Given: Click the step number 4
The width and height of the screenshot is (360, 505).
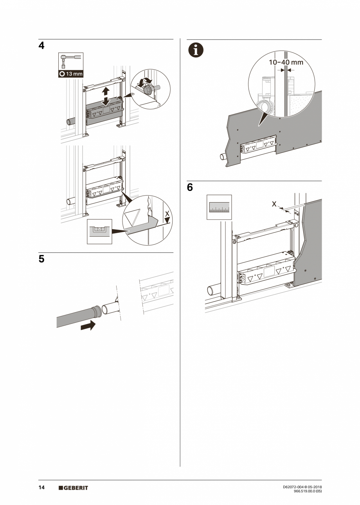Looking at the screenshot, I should [41, 46].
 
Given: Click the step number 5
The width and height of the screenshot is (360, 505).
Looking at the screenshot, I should [41, 259].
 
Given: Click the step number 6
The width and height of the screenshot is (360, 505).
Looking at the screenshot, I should [190, 188].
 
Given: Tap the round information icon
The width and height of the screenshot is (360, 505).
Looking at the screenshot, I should [196, 50].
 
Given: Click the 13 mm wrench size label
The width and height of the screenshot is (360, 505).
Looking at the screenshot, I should [71, 74].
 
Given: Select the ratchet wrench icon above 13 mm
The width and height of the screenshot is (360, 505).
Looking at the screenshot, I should [70, 61].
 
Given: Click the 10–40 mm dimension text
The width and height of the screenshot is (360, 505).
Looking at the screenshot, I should [286, 62].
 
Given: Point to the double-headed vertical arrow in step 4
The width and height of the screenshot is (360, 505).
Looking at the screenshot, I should [105, 96].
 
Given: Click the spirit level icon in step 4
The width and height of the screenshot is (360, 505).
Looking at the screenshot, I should [99, 232].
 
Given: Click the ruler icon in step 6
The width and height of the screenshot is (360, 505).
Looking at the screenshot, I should [219, 207].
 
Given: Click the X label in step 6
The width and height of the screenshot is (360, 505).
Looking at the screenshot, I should [274, 204].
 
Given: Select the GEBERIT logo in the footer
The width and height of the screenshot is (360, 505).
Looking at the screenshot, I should [73, 488].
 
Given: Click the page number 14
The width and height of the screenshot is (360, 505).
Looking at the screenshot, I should [41, 487].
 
